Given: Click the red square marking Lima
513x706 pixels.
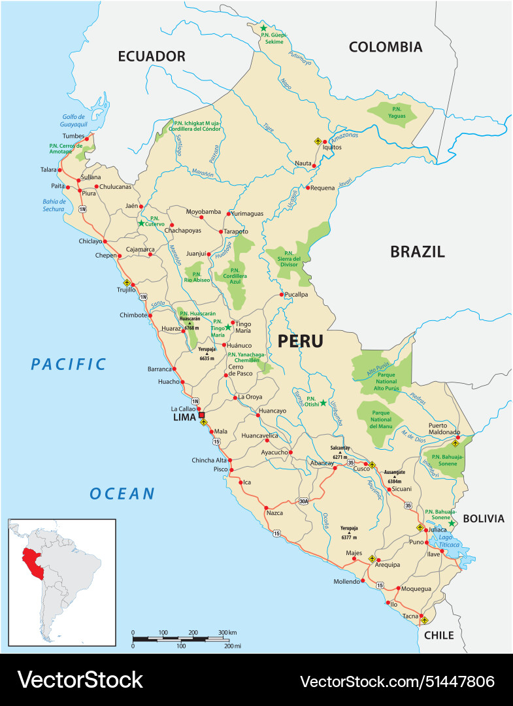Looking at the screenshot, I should point(202,414).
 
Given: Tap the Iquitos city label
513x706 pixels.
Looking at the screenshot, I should point(332,147).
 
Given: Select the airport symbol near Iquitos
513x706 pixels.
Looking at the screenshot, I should point(318,141).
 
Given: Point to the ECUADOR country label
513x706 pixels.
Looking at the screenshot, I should point(152,56).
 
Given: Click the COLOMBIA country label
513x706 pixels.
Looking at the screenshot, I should point(385,46).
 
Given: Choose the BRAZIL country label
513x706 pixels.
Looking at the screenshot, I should point(417,252).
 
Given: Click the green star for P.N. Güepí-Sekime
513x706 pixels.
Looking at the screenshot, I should point(264,28).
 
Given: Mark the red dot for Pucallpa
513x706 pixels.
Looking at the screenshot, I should point(282,295).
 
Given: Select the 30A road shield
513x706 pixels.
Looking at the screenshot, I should point(303,501).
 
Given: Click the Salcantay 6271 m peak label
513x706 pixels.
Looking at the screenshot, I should point(339,452).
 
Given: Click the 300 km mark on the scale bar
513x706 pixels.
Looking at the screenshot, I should point(222,633).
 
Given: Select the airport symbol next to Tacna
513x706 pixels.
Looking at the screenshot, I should point(425,620).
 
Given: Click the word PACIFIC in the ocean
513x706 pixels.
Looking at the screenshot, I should point(68,364).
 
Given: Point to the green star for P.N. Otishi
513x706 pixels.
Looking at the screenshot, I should point(323,403).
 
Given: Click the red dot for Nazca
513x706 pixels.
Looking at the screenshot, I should point(267,507).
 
